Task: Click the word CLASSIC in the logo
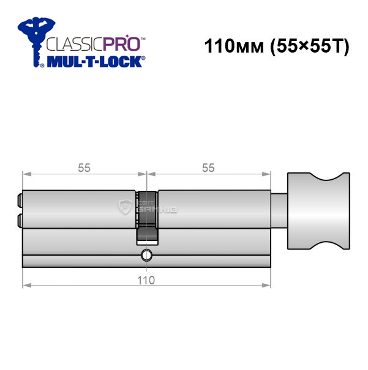tap(74, 44)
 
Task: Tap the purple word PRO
tap(121, 43)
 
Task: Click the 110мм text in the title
tap(234, 46)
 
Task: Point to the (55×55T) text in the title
tap(309, 46)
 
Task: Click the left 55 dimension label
tap(84, 168)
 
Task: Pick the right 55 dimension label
tap(208, 168)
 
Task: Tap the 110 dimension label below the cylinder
tap(146, 280)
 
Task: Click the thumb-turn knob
tap(318, 211)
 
